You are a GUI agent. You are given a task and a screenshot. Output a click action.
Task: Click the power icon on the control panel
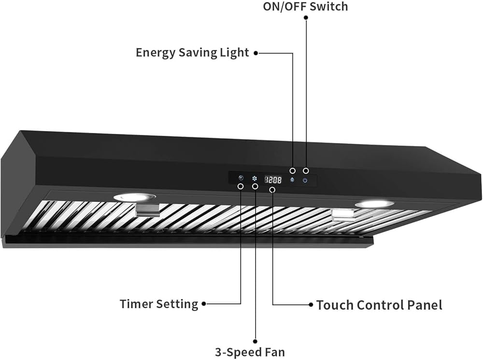point(305,180)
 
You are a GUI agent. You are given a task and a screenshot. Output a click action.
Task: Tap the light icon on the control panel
point(292,180)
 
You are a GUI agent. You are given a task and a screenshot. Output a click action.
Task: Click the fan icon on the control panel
point(254,178)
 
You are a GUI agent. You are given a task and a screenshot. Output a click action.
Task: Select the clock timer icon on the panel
point(241,178)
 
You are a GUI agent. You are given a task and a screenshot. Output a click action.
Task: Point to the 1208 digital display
point(272,179)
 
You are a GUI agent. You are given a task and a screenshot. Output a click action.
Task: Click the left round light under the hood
point(135,197)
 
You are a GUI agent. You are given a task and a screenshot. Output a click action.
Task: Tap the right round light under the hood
point(374,204)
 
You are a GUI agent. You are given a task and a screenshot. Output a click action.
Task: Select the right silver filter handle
point(343,216)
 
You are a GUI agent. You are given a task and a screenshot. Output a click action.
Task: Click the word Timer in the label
point(137,304)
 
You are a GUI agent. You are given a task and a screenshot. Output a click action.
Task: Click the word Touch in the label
point(335,305)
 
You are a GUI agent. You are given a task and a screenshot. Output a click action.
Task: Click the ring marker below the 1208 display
point(273,190)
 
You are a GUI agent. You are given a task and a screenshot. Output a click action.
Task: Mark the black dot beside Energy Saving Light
point(256,53)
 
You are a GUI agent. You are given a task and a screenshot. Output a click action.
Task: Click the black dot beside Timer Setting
point(204,304)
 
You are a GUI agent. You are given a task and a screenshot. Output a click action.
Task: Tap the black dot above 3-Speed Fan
point(255,341)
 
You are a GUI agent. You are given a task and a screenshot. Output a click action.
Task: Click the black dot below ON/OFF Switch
point(306,17)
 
